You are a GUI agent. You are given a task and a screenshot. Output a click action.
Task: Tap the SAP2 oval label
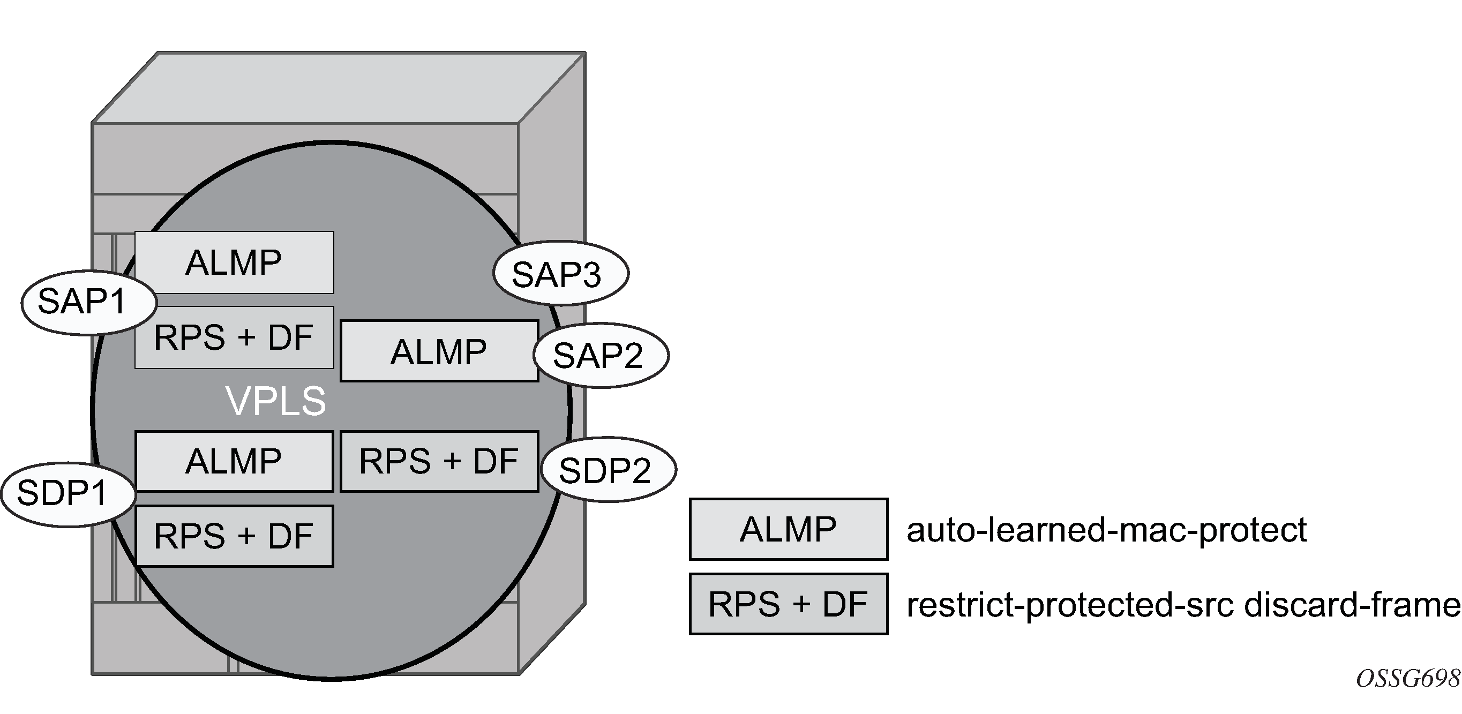click(601, 355)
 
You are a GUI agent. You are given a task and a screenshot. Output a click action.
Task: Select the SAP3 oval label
click(560, 274)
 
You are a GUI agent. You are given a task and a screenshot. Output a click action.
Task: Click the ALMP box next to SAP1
click(234, 262)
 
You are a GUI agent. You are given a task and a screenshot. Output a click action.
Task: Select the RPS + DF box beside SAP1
click(234, 337)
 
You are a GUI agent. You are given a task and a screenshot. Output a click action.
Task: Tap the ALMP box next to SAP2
click(439, 351)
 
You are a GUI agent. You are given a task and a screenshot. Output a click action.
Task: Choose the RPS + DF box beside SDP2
click(439, 461)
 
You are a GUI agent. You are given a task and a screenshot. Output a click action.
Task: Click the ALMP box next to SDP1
click(234, 461)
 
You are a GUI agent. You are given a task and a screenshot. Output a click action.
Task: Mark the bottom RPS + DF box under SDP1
click(234, 536)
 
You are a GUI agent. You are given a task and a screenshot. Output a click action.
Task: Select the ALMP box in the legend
click(788, 530)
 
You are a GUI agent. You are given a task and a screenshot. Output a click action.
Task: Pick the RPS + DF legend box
click(788, 604)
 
